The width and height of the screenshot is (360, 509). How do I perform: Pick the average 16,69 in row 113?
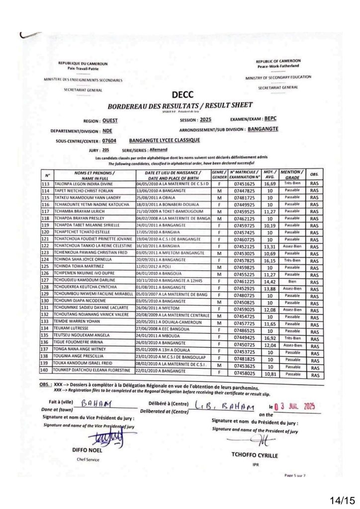[269, 183]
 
